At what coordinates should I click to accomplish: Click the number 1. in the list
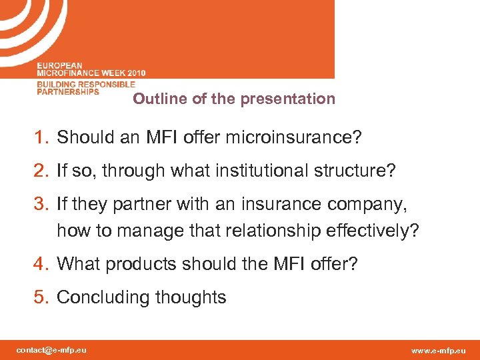[43, 138]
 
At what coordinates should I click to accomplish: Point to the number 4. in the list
[43, 265]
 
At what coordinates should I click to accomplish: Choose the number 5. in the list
[43, 297]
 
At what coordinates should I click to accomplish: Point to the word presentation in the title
[287, 99]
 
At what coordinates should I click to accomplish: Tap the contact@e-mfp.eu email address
[51, 350]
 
